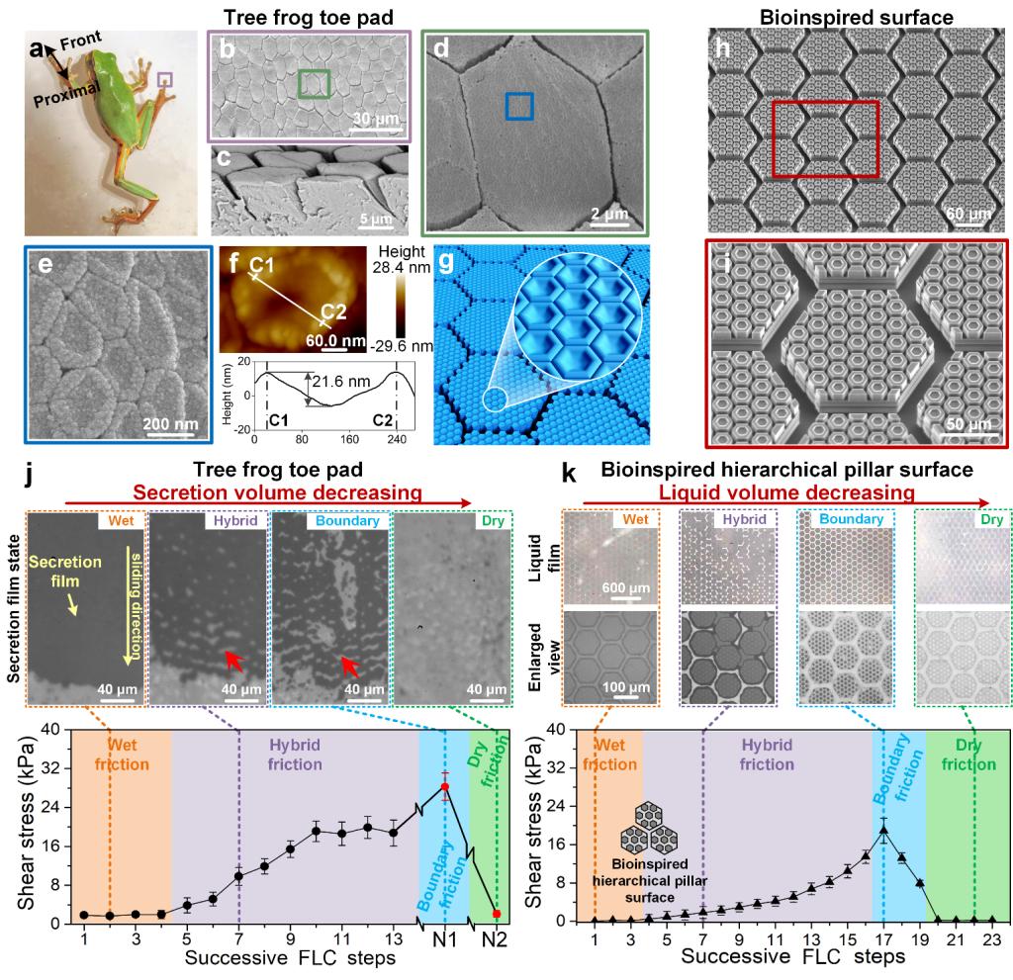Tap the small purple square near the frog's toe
(x=165, y=79)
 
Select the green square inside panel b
(x=315, y=85)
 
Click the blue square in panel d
(x=519, y=107)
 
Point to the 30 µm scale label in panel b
(x=375, y=119)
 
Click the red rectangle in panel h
(x=825, y=139)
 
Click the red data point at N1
(x=445, y=786)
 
